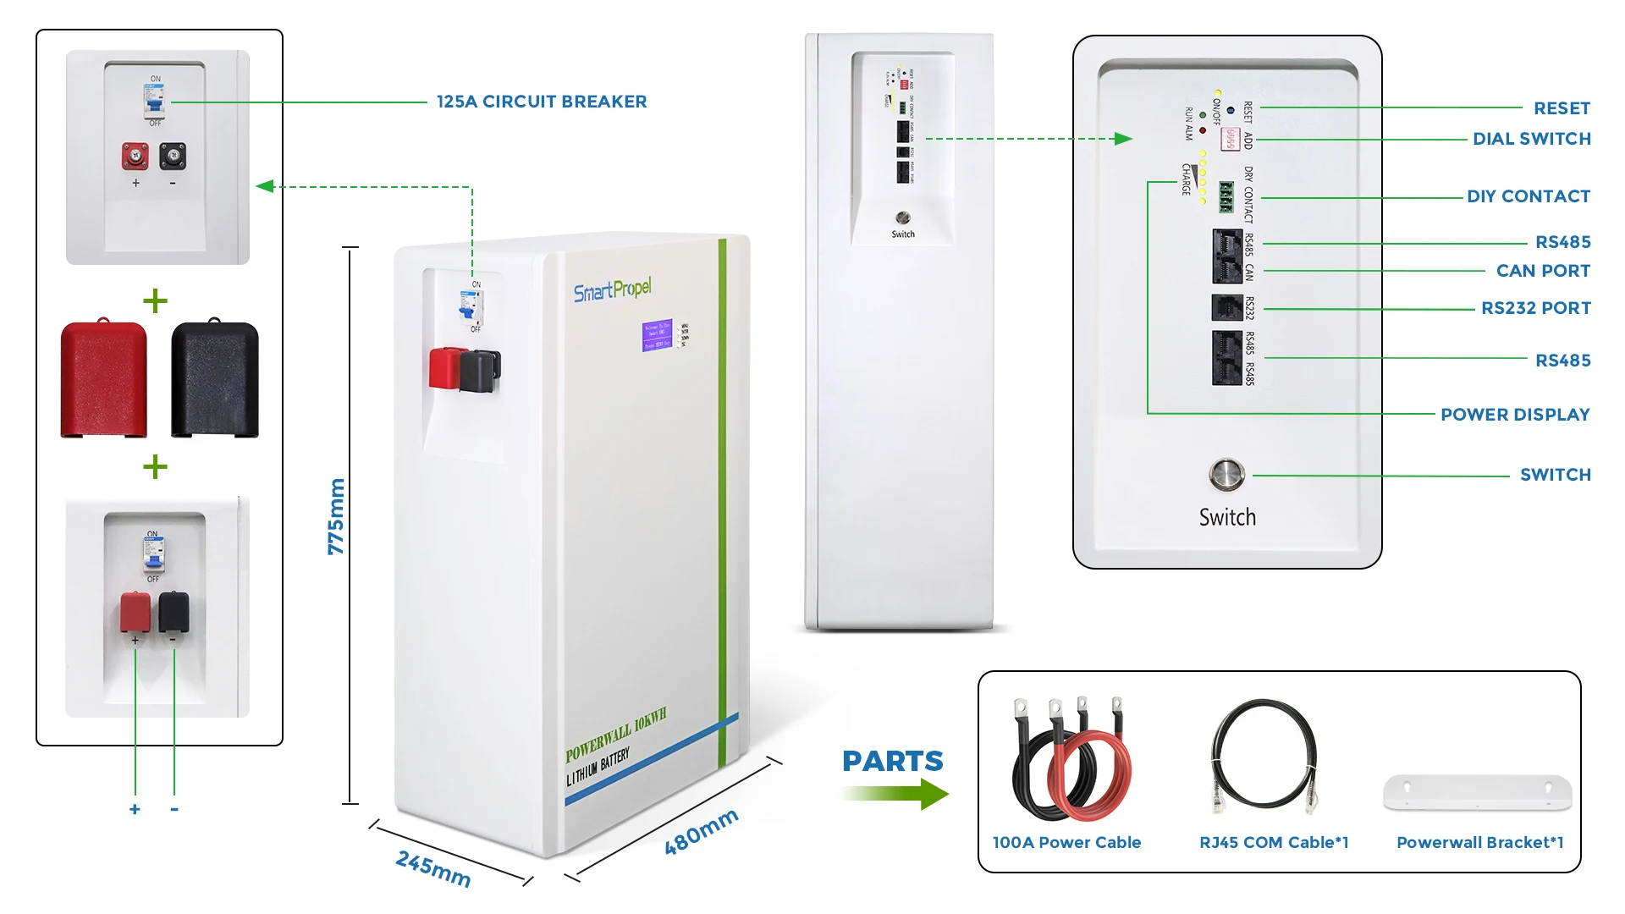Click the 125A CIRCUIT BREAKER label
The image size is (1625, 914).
coord(542,102)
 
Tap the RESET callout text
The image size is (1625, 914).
coord(1562,108)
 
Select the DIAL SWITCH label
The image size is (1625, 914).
coord(1531,139)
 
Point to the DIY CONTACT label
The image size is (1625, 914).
coord(1528,196)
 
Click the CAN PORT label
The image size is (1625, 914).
coord(1542,271)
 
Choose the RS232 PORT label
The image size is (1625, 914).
coord(1535,308)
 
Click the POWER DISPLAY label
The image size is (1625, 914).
coord(1515,415)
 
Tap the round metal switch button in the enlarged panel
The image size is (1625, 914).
coord(1226,476)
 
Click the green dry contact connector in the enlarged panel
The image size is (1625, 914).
coord(1226,197)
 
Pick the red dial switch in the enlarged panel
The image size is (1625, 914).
coord(1230,138)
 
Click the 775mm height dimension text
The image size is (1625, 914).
coord(336,516)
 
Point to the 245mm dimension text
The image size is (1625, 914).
coord(433,869)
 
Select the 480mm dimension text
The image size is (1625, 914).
coord(701,832)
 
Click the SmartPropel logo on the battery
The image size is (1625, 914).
coord(613,290)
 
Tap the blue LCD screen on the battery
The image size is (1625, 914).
coord(657,335)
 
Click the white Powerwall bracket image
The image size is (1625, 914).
coord(1477,793)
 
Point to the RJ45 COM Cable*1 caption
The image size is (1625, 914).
coord(1273,842)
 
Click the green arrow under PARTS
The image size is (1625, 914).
coord(897,794)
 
